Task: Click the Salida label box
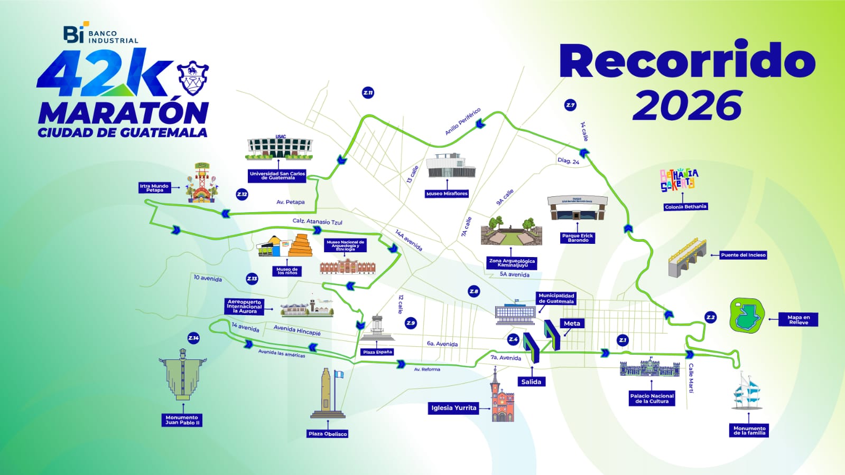tap(531, 382)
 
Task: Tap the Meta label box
tap(572, 324)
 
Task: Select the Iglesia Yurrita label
tap(453, 407)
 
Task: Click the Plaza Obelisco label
tap(328, 434)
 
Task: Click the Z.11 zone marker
tap(368, 93)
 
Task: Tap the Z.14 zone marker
tap(193, 338)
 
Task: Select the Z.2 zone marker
tap(711, 317)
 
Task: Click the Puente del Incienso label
tap(743, 255)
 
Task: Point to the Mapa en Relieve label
tap(798, 320)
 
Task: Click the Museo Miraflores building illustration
tap(450, 166)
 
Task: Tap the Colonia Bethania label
tap(685, 207)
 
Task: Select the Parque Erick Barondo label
tap(578, 238)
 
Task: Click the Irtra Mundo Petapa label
tap(154, 188)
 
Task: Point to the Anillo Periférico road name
tap(462, 121)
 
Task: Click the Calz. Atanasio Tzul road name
tap(317, 222)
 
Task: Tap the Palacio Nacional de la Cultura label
tap(652, 398)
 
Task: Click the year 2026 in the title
tap(687, 106)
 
